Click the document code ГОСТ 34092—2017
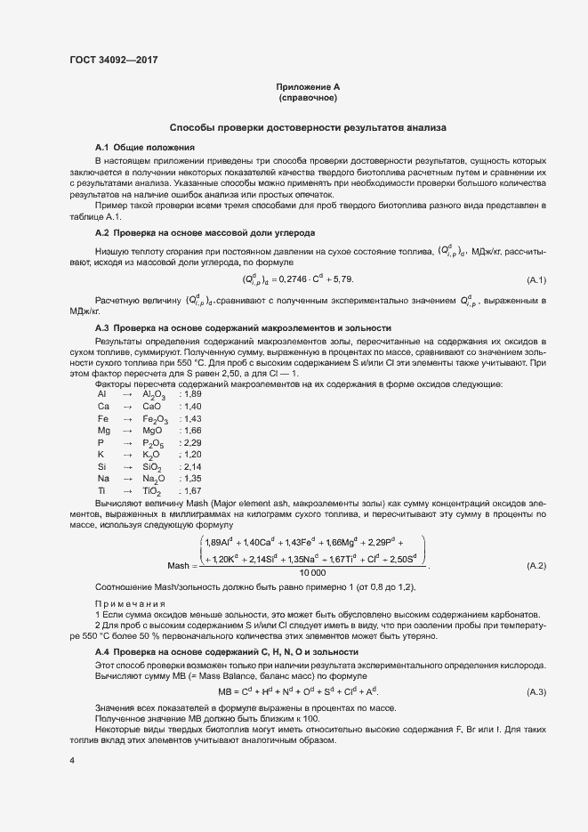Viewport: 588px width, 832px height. click(x=113, y=61)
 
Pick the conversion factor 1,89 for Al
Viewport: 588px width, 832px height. click(x=191, y=393)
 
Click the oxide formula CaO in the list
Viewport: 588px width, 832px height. click(x=151, y=406)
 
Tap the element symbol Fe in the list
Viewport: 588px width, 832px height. click(x=103, y=418)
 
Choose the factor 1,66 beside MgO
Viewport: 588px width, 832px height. click(x=191, y=430)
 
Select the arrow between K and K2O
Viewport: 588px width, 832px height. click(x=126, y=454)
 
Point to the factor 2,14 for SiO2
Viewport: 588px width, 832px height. click(x=191, y=466)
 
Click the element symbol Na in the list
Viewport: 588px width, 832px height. click(x=104, y=478)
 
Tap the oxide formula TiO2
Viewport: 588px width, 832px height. click(x=152, y=490)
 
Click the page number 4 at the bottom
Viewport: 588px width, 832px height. click(x=72, y=760)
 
